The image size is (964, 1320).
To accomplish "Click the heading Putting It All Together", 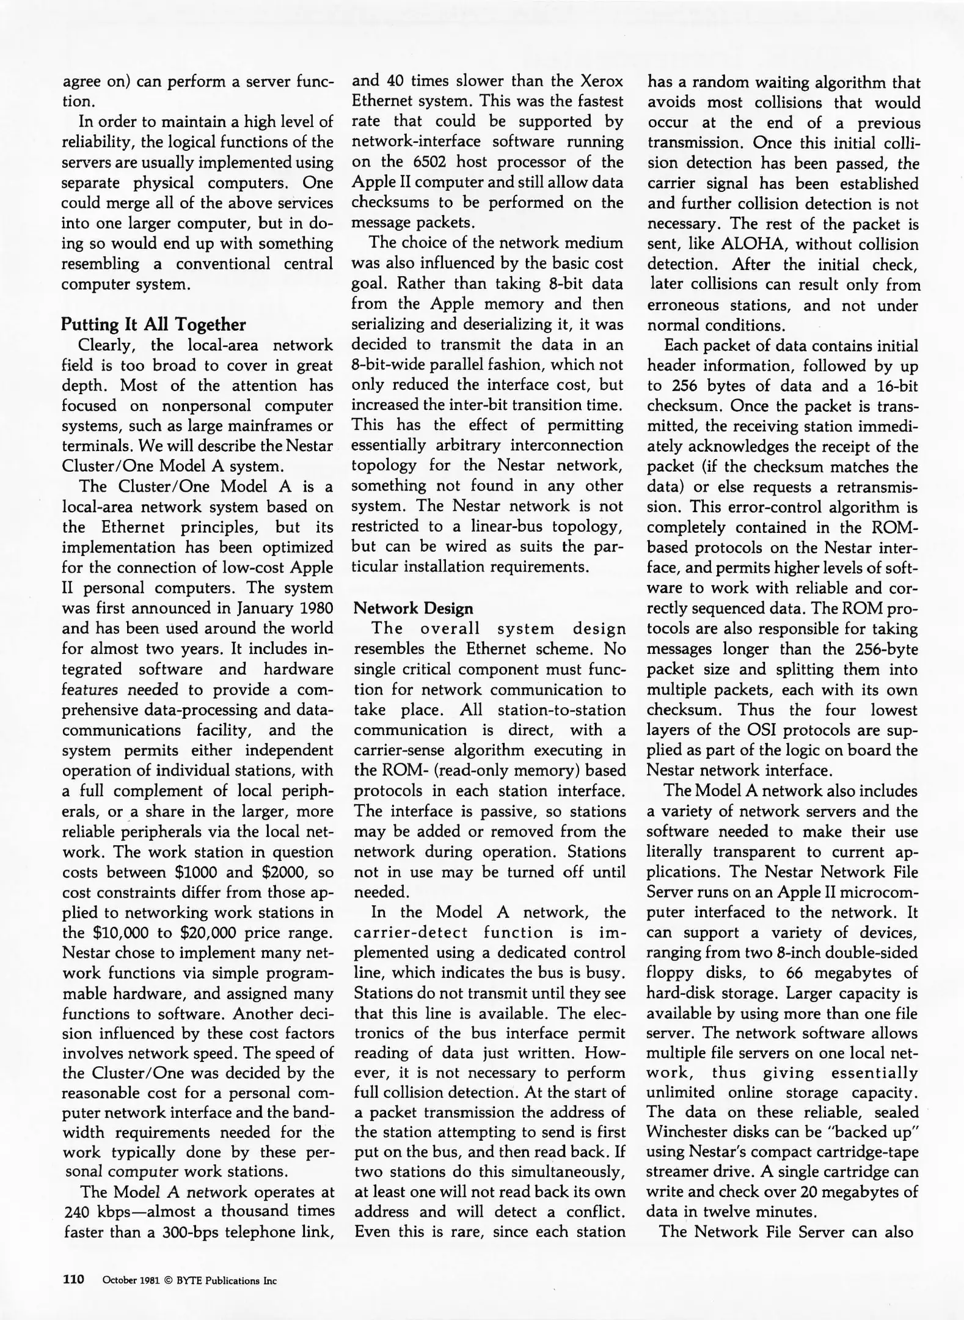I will (x=153, y=324).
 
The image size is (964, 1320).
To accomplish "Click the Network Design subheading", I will (x=414, y=608).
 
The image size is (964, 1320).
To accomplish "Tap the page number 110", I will (x=73, y=1280).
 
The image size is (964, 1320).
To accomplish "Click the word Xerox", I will (x=601, y=81).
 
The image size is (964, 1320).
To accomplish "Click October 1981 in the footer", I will (x=131, y=1280).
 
